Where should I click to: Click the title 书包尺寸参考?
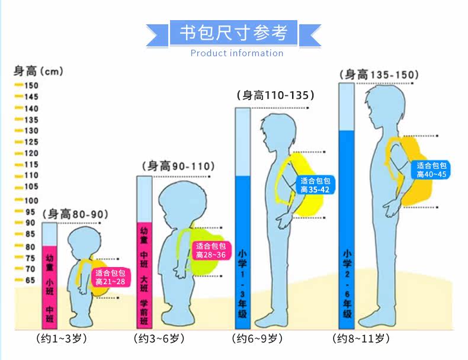point(233,32)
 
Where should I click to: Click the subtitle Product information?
point(236,53)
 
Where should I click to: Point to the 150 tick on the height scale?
point(27,85)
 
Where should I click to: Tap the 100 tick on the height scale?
point(27,200)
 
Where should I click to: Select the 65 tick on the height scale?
point(27,280)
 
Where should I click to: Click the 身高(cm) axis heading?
point(38,72)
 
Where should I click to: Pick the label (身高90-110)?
point(178,166)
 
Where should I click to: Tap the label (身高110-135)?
point(275,95)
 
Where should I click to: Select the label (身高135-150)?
point(380,75)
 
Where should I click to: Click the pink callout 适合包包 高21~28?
point(110,277)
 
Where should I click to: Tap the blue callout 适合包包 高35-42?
point(315,185)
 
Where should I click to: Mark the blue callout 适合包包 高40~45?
point(431,170)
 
